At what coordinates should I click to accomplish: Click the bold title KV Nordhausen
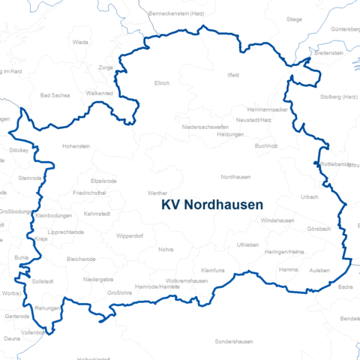(x=212, y=204)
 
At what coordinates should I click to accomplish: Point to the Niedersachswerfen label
(x=205, y=127)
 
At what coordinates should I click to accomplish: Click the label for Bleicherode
(x=81, y=259)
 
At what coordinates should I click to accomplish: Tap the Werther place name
(x=157, y=193)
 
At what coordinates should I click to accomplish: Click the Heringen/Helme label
(x=284, y=251)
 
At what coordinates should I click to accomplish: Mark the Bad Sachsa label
(x=54, y=96)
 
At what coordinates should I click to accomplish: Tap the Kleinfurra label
(x=214, y=269)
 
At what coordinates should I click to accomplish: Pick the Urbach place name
(x=310, y=196)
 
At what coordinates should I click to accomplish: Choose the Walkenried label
(x=100, y=93)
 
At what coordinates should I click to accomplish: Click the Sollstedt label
(x=43, y=280)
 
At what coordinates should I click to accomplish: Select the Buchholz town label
(x=266, y=145)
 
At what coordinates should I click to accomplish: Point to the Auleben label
(x=319, y=268)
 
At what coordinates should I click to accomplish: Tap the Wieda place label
(x=80, y=43)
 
